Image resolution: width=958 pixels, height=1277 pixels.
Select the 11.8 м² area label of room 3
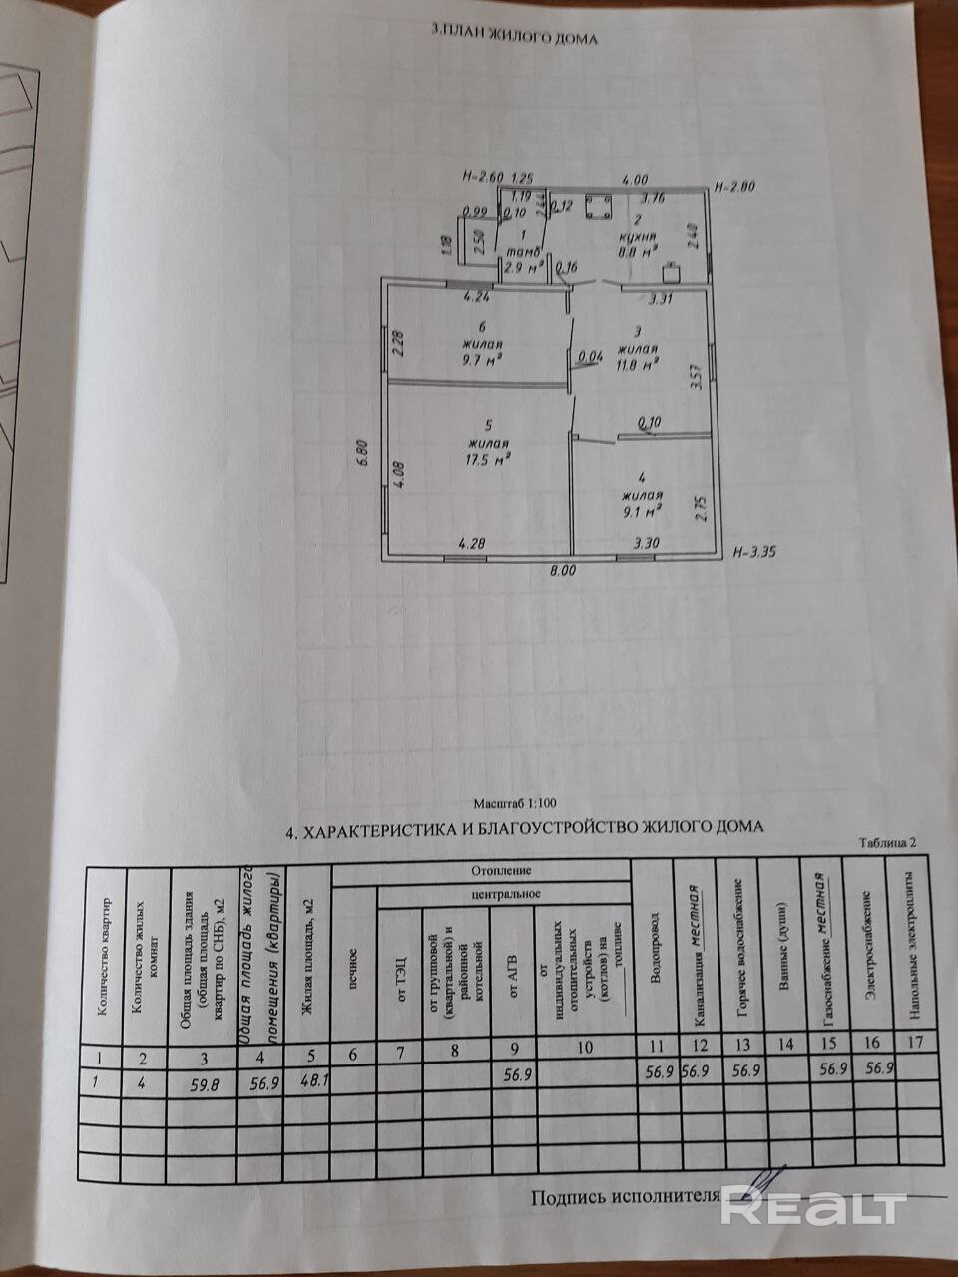[x=640, y=364]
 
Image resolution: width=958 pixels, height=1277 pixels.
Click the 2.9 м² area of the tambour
[x=523, y=267]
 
